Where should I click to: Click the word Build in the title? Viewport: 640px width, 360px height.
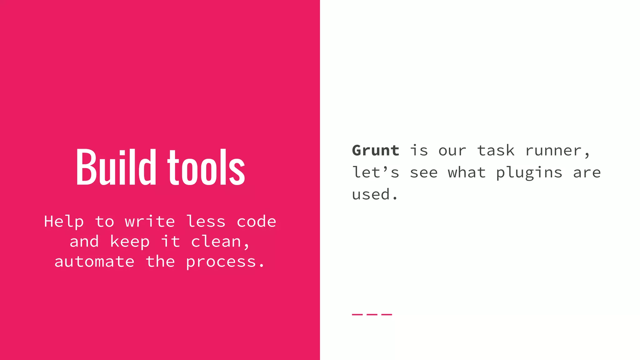[x=116, y=167]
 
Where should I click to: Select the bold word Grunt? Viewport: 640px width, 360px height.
[x=376, y=151]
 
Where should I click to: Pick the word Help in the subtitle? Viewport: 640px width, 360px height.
[x=64, y=222]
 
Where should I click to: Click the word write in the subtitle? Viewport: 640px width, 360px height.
[x=150, y=222]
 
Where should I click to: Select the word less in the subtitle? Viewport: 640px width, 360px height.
[x=206, y=222]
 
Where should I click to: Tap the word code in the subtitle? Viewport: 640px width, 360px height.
[x=257, y=222]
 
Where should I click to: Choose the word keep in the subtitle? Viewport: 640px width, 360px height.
[x=130, y=242]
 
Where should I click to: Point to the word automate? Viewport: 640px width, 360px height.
[x=94, y=262]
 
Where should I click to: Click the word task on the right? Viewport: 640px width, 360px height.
[x=496, y=151]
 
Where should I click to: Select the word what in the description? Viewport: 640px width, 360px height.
[x=467, y=172]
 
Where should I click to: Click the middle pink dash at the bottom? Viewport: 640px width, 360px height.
[x=372, y=314]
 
